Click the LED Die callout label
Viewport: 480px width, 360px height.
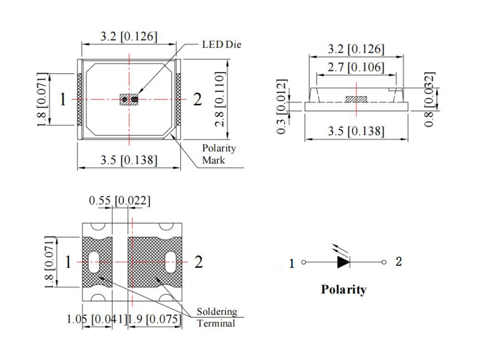coord(221,44)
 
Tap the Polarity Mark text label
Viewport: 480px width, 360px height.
coord(219,154)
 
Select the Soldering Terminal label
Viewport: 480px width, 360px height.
coord(217,317)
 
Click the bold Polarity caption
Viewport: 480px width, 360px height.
coord(343,289)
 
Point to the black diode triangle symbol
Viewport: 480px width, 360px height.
coord(343,262)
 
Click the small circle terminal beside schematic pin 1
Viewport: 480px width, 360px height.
coord(304,262)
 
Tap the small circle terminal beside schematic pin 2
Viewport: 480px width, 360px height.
coord(384,262)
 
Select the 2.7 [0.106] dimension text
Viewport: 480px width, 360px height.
coord(356,67)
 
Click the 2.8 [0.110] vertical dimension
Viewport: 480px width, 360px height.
coord(220,99)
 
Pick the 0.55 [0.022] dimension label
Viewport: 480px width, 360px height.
coord(119,201)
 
